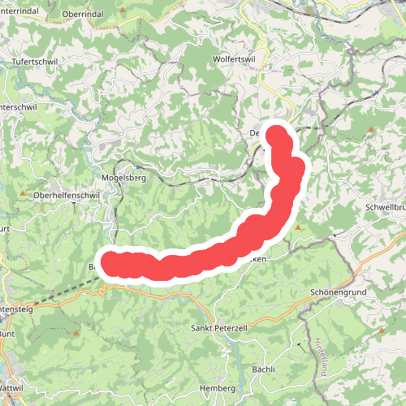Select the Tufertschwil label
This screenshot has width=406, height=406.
click(37, 62)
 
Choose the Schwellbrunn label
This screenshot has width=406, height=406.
click(387, 207)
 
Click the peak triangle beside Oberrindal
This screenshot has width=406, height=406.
click(123, 11)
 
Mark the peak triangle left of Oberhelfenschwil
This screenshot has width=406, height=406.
click(23, 195)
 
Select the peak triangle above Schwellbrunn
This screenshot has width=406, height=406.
click(369, 129)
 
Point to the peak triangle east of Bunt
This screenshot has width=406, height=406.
click(76, 332)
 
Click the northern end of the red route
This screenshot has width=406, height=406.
click(278, 132)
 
